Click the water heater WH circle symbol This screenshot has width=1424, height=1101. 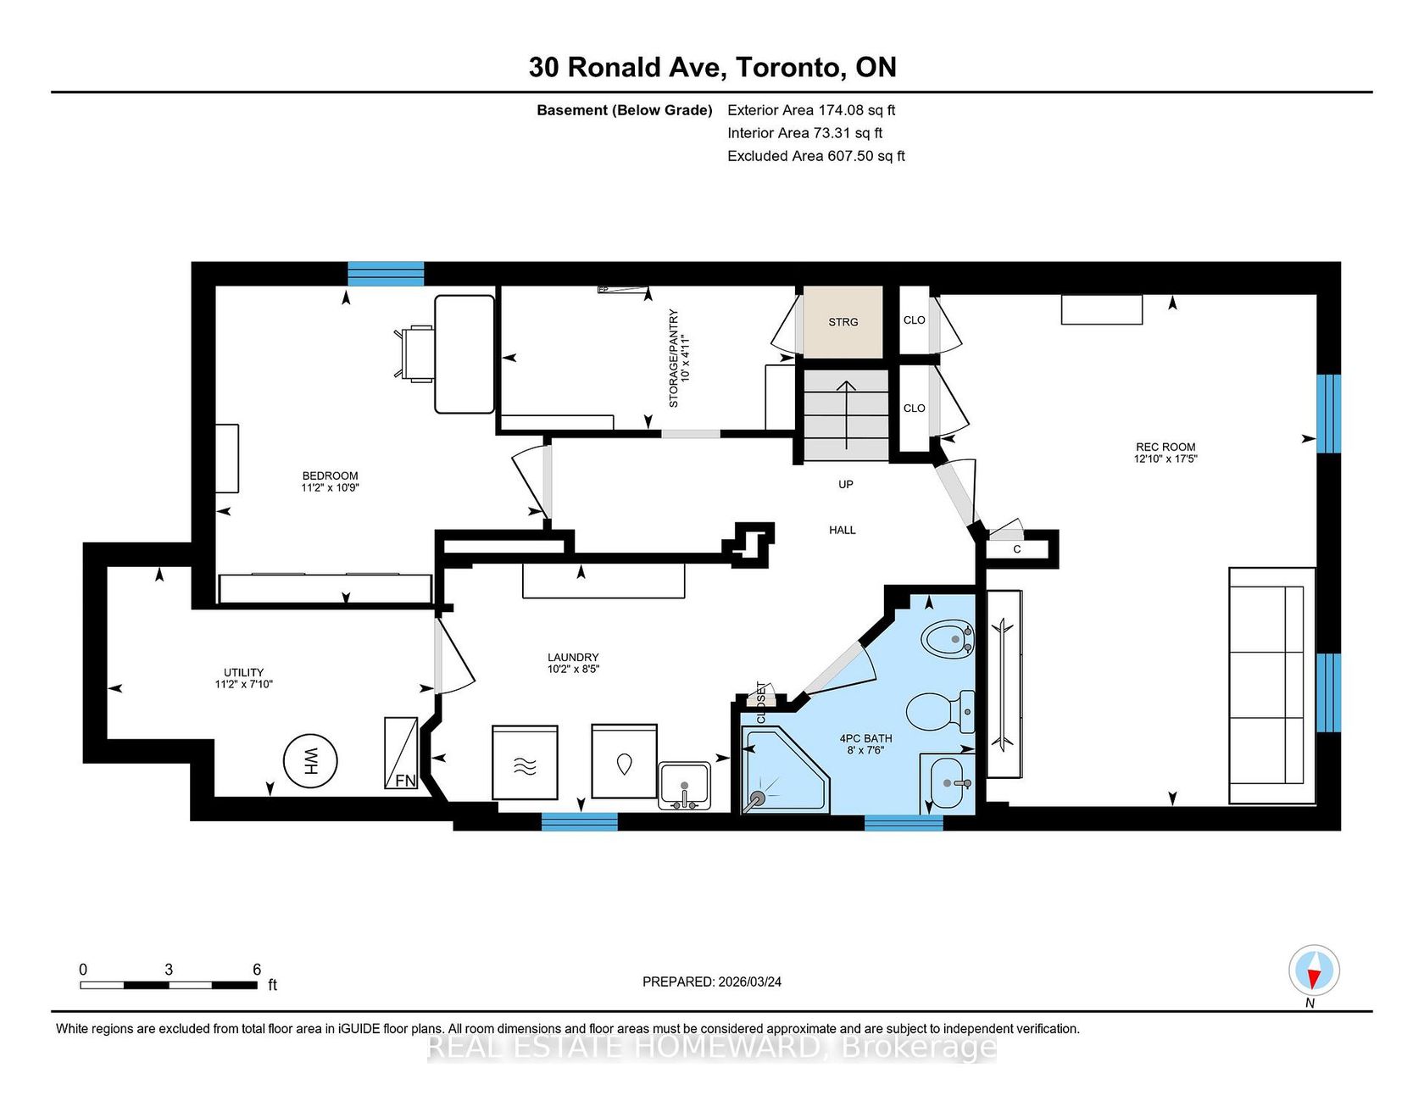pyautogui.click(x=310, y=760)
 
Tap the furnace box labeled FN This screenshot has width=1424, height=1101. pyautogui.click(x=401, y=753)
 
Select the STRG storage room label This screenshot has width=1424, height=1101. pyautogui.click(x=843, y=322)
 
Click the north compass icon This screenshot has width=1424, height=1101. pyautogui.click(x=1314, y=970)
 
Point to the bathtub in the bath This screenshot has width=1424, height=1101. pyautogui.click(x=1004, y=684)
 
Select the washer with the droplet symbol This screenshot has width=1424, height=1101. pyautogui.click(x=625, y=761)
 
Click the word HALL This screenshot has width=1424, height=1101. pyautogui.click(x=843, y=530)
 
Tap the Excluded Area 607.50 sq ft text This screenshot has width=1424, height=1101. pyautogui.click(x=816, y=156)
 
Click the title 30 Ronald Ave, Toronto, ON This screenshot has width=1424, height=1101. pyautogui.click(x=712, y=67)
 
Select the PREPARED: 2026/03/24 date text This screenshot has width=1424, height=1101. pyautogui.click(x=712, y=981)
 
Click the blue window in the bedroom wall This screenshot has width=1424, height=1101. pyautogui.click(x=386, y=274)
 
